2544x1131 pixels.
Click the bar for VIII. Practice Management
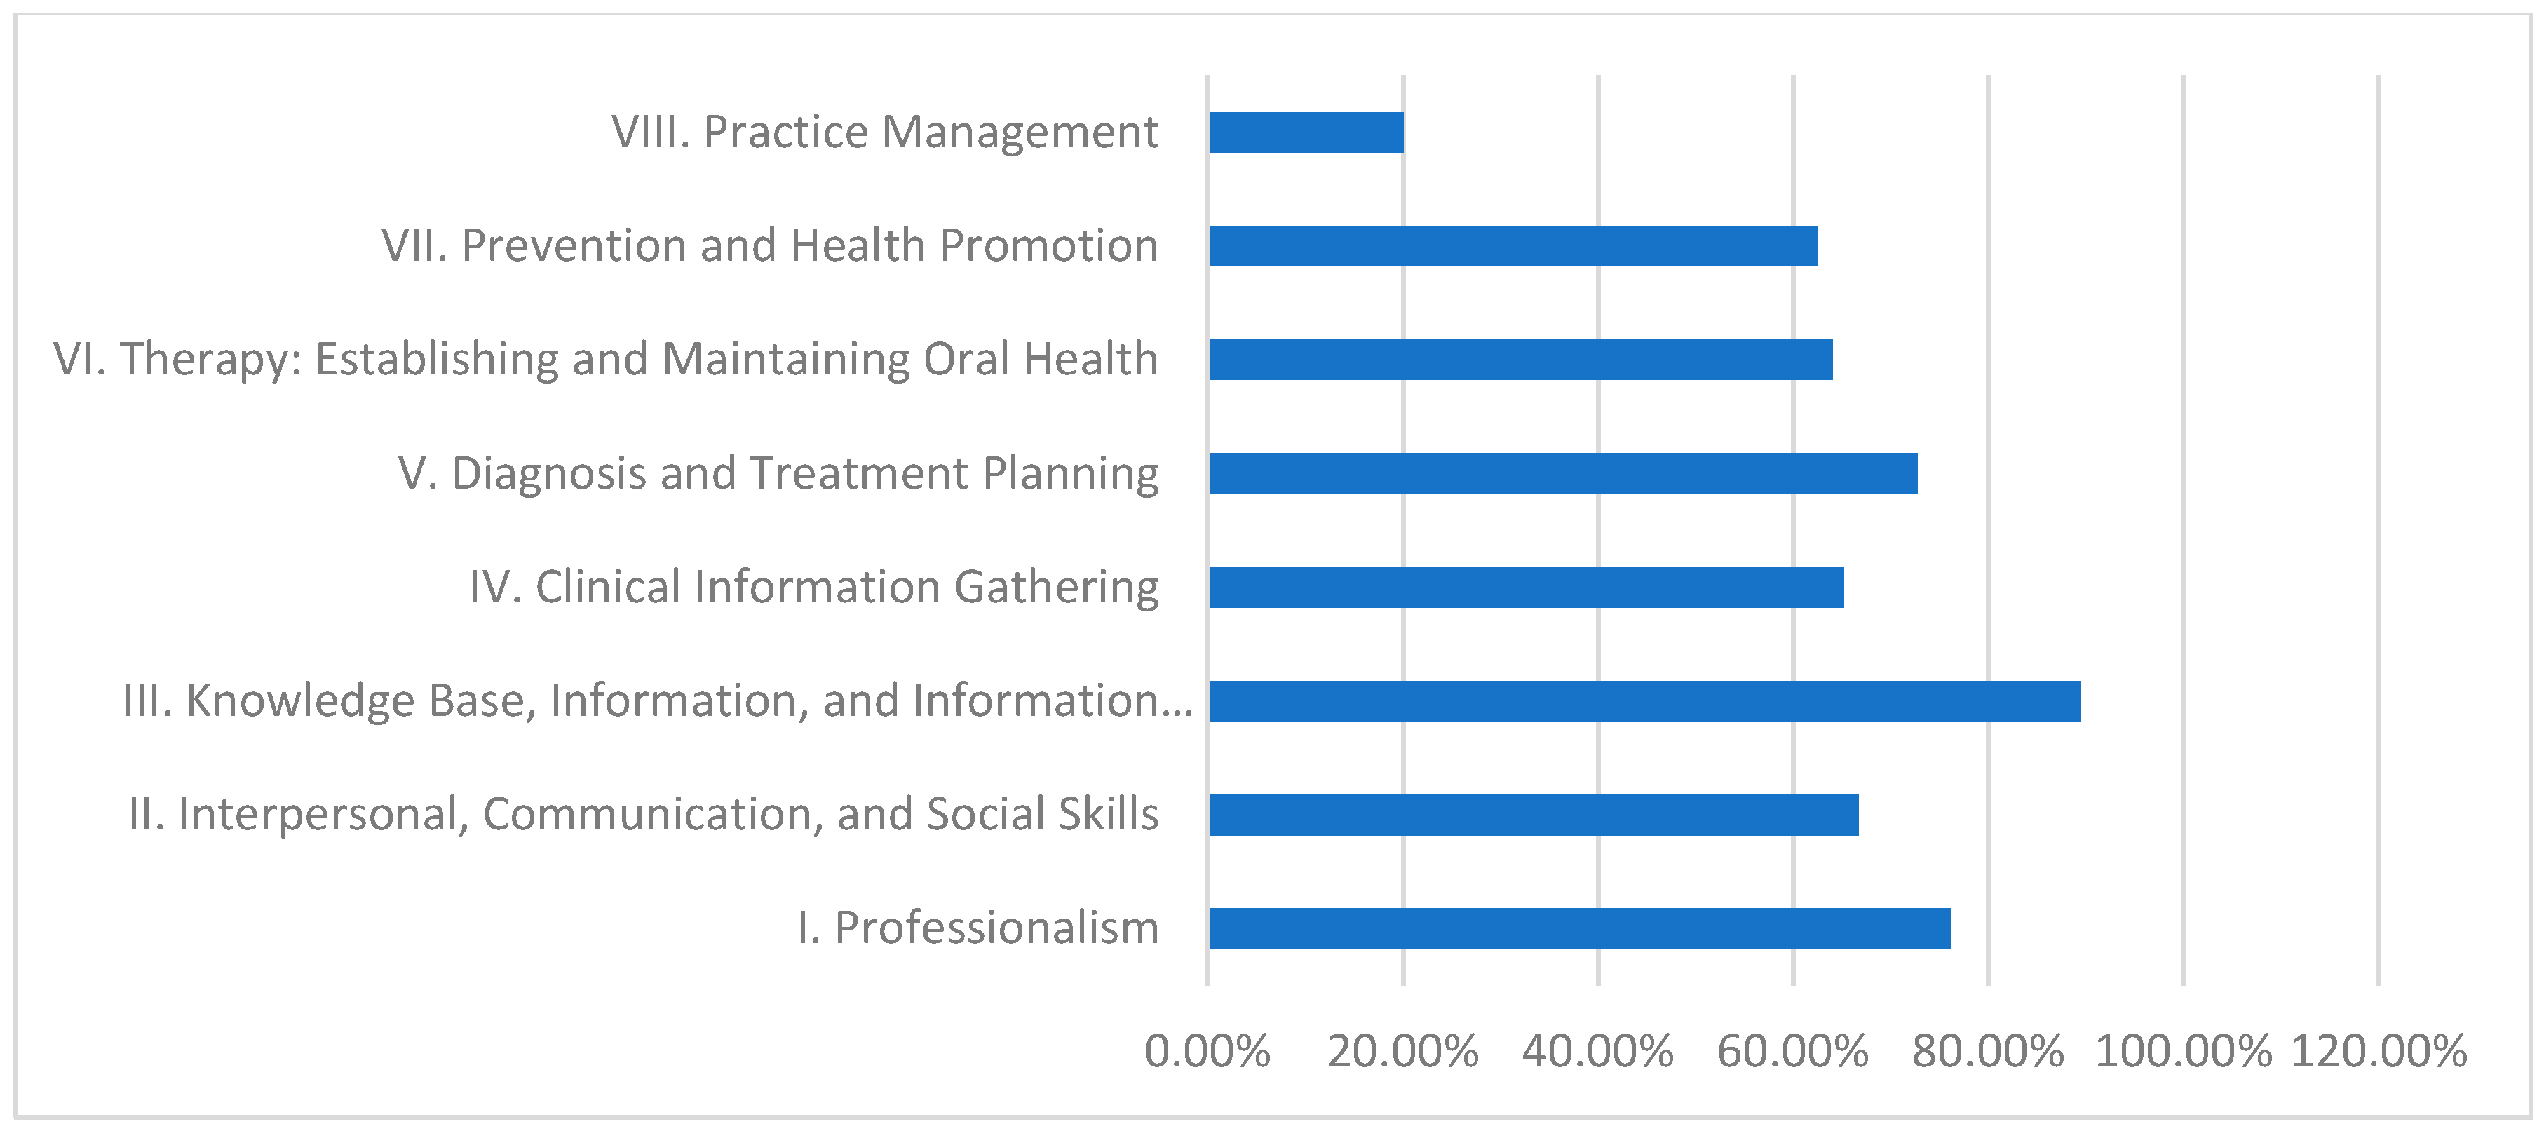coord(1306,133)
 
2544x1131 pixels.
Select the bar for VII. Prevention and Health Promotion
coord(1513,246)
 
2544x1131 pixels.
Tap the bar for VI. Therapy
coord(1521,360)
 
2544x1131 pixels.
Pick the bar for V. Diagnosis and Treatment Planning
coord(1563,473)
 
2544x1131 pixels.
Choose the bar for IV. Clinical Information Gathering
coord(1526,587)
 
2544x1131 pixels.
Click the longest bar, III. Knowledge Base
coord(1644,700)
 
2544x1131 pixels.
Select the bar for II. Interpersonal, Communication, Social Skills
coord(1534,815)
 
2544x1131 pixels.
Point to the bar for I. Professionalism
coord(1580,928)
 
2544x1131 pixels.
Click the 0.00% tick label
coord(1207,1052)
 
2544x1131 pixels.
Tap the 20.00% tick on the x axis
coord(1402,1052)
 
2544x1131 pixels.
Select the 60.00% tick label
coord(1792,1052)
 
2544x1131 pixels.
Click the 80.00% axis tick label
coord(1987,1052)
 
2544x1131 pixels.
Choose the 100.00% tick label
coord(2183,1052)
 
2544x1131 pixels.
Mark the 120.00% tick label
coord(2378,1052)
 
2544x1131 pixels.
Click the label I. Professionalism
coord(977,928)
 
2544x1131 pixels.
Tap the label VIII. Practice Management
coord(884,133)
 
